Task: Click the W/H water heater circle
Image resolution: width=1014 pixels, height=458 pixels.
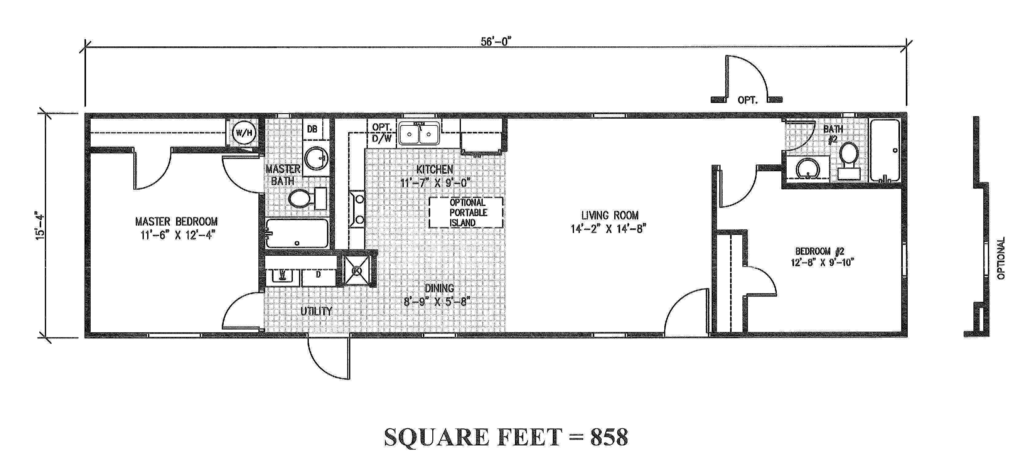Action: coord(244,133)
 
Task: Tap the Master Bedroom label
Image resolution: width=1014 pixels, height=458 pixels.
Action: coord(176,222)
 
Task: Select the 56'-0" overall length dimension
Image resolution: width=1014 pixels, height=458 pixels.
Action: coord(496,42)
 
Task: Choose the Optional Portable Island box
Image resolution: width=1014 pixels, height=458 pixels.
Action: coord(466,213)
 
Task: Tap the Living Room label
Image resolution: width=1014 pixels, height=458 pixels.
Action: coord(610,215)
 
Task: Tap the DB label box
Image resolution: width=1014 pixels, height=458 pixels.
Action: coord(312,129)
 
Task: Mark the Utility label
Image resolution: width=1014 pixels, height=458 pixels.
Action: coord(316,311)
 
